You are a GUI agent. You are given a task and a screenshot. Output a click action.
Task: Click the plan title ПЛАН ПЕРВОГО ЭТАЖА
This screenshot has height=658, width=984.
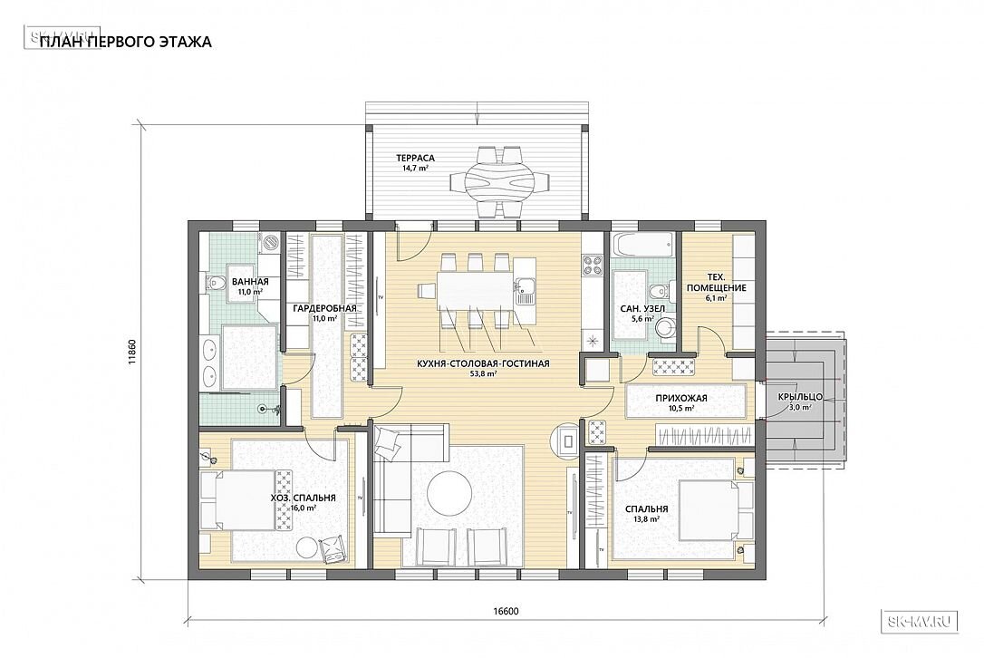pos(126,42)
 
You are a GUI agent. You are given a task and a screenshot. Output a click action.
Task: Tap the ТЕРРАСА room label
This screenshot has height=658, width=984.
pos(415,159)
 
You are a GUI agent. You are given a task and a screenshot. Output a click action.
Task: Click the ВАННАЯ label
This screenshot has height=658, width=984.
pos(250,282)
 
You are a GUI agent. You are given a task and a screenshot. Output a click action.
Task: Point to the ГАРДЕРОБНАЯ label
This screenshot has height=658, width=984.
pos(324,308)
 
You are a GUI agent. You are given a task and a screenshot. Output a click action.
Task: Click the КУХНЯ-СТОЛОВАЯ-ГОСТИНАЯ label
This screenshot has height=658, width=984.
pos(483,363)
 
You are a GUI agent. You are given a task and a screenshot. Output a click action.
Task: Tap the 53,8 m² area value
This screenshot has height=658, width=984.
pos(483,373)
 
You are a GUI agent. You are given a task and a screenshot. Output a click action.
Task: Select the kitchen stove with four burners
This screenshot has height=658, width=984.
pos(593,265)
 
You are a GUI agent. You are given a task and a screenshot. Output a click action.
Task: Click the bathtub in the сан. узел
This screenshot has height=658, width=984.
pos(642,246)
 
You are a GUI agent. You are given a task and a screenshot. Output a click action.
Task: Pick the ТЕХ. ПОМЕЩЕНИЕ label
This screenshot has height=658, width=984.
pos(716,283)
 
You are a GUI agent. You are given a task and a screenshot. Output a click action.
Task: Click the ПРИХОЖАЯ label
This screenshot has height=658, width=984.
pos(680,398)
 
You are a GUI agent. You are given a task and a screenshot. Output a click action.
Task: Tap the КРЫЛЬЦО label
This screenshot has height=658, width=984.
pos(800,397)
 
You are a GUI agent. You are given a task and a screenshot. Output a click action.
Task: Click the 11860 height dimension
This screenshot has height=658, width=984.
pos(131,353)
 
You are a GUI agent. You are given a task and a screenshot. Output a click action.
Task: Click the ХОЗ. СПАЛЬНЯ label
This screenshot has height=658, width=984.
pos(304,498)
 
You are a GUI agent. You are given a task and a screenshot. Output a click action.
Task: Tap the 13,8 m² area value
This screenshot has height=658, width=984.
pos(646,520)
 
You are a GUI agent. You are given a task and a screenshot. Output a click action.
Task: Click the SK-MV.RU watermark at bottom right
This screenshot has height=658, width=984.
pos(920,621)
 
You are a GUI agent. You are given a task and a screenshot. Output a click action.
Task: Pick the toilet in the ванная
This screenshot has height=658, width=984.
pos(214,283)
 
